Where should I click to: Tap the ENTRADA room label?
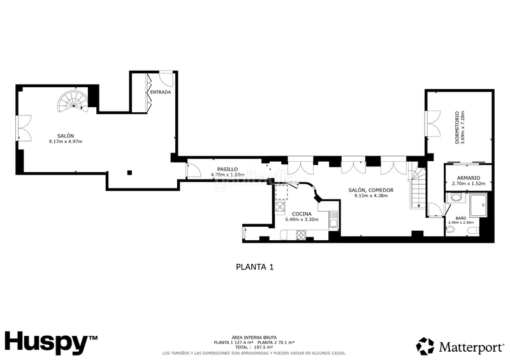click(x=160, y=92)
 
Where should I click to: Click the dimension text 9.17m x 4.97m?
click(x=66, y=141)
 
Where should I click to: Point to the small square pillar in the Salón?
click(x=129, y=171)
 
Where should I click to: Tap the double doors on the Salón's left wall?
click(x=23, y=127)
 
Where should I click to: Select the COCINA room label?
click(x=302, y=213)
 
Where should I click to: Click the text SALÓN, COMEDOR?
click(x=370, y=190)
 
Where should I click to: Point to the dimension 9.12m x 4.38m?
click(x=370, y=196)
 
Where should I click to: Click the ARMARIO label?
click(x=468, y=178)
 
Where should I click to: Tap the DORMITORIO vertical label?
click(x=457, y=127)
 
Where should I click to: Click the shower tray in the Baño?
click(x=478, y=205)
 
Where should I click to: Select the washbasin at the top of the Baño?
click(x=455, y=198)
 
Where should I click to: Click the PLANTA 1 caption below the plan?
click(x=254, y=267)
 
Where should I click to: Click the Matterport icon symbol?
click(x=425, y=346)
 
